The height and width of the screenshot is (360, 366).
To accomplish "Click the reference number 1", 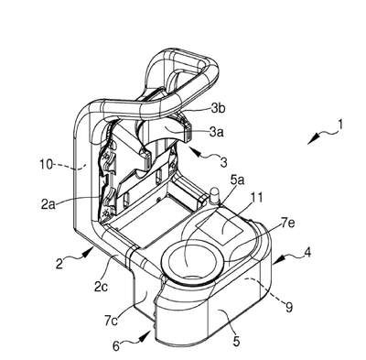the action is [x=340, y=125].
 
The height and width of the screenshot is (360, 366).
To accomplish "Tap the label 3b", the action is [x=219, y=109].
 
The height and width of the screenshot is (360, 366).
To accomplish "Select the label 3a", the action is [x=216, y=132].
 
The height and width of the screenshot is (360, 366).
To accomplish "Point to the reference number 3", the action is [x=224, y=162].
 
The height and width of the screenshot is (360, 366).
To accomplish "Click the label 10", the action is [x=47, y=165].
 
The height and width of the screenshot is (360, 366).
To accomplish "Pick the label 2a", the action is [x=48, y=204].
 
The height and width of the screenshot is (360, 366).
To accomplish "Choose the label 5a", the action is [x=238, y=180].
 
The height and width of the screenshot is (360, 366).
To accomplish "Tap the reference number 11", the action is [x=256, y=198].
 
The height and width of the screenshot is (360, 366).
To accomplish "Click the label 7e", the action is [x=287, y=225].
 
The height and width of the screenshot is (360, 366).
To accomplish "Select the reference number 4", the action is [x=308, y=253].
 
